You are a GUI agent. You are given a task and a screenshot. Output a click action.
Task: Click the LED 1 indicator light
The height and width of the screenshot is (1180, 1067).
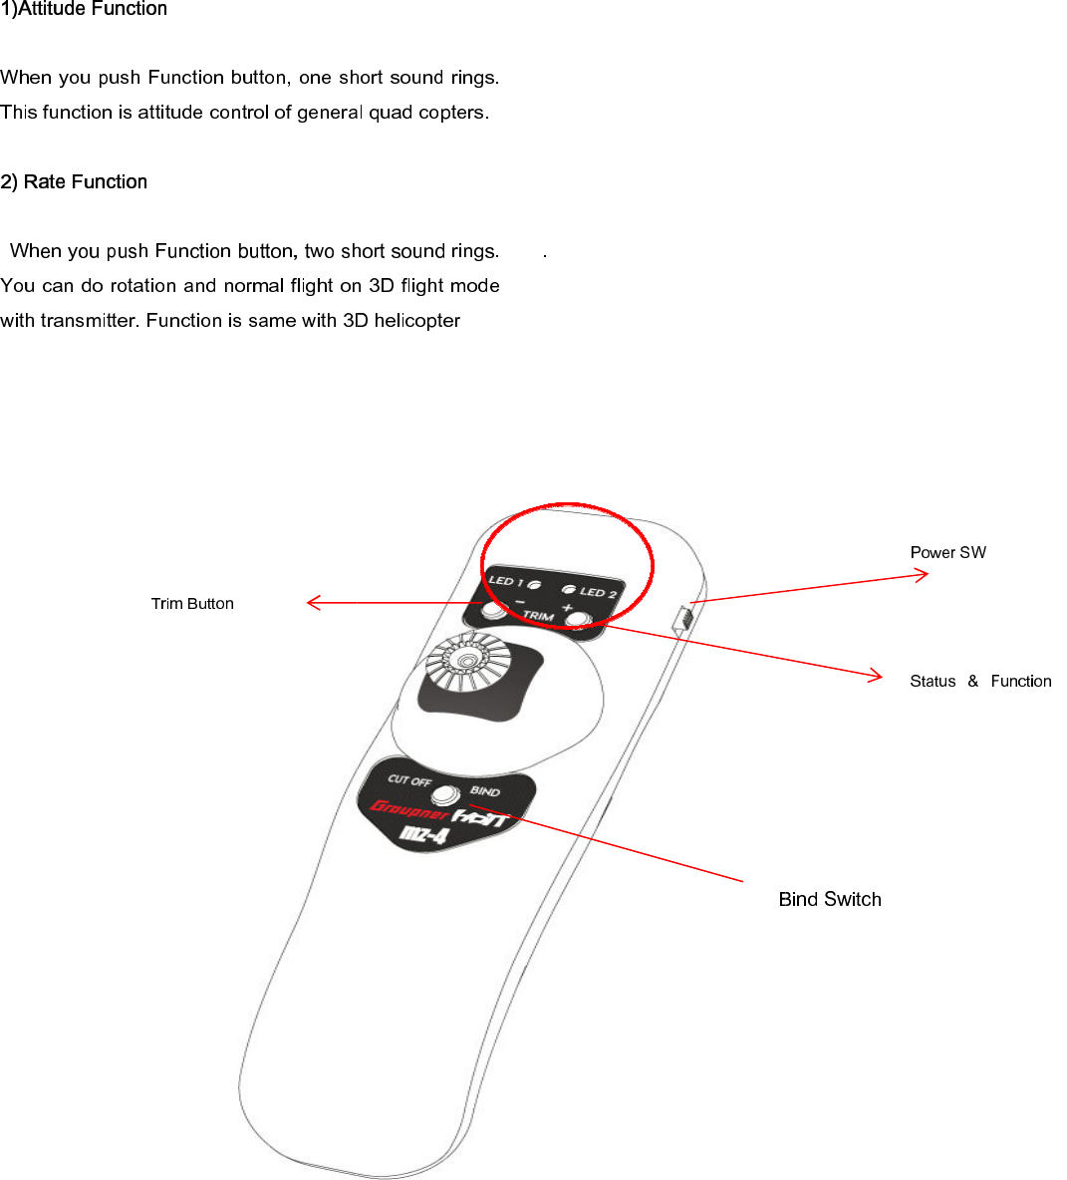[x=535, y=584]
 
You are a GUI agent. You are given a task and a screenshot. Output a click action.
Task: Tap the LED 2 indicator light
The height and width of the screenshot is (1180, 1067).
[x=569, y=589]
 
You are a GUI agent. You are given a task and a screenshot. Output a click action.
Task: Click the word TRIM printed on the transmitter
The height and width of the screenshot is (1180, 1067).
[x=538, y=616]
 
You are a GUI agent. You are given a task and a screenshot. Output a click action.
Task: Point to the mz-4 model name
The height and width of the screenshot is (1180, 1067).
[x=424, y=834]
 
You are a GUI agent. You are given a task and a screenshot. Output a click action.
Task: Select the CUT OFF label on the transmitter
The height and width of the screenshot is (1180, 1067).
[x=409, y=779]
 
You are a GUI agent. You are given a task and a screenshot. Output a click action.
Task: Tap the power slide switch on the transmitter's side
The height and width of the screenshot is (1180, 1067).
[x=682, y=618]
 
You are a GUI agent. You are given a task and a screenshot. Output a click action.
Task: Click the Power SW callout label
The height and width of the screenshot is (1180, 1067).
[x=947, y=552]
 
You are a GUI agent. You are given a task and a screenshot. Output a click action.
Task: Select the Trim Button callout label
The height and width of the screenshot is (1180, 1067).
[x=192, y=603]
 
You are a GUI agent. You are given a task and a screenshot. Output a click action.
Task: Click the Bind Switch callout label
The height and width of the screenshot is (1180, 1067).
[x=830, y=899]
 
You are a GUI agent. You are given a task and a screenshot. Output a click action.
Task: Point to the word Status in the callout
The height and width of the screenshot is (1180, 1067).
[x=933, y=681]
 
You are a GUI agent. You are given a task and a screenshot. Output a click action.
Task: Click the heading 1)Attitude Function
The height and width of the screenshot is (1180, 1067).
[x=84, y=9]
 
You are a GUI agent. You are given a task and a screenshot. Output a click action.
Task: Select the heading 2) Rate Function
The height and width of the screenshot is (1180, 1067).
[x=74, y=181]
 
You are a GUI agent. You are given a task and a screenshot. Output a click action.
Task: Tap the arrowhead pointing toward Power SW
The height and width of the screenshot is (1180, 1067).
[x=923, y=573]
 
